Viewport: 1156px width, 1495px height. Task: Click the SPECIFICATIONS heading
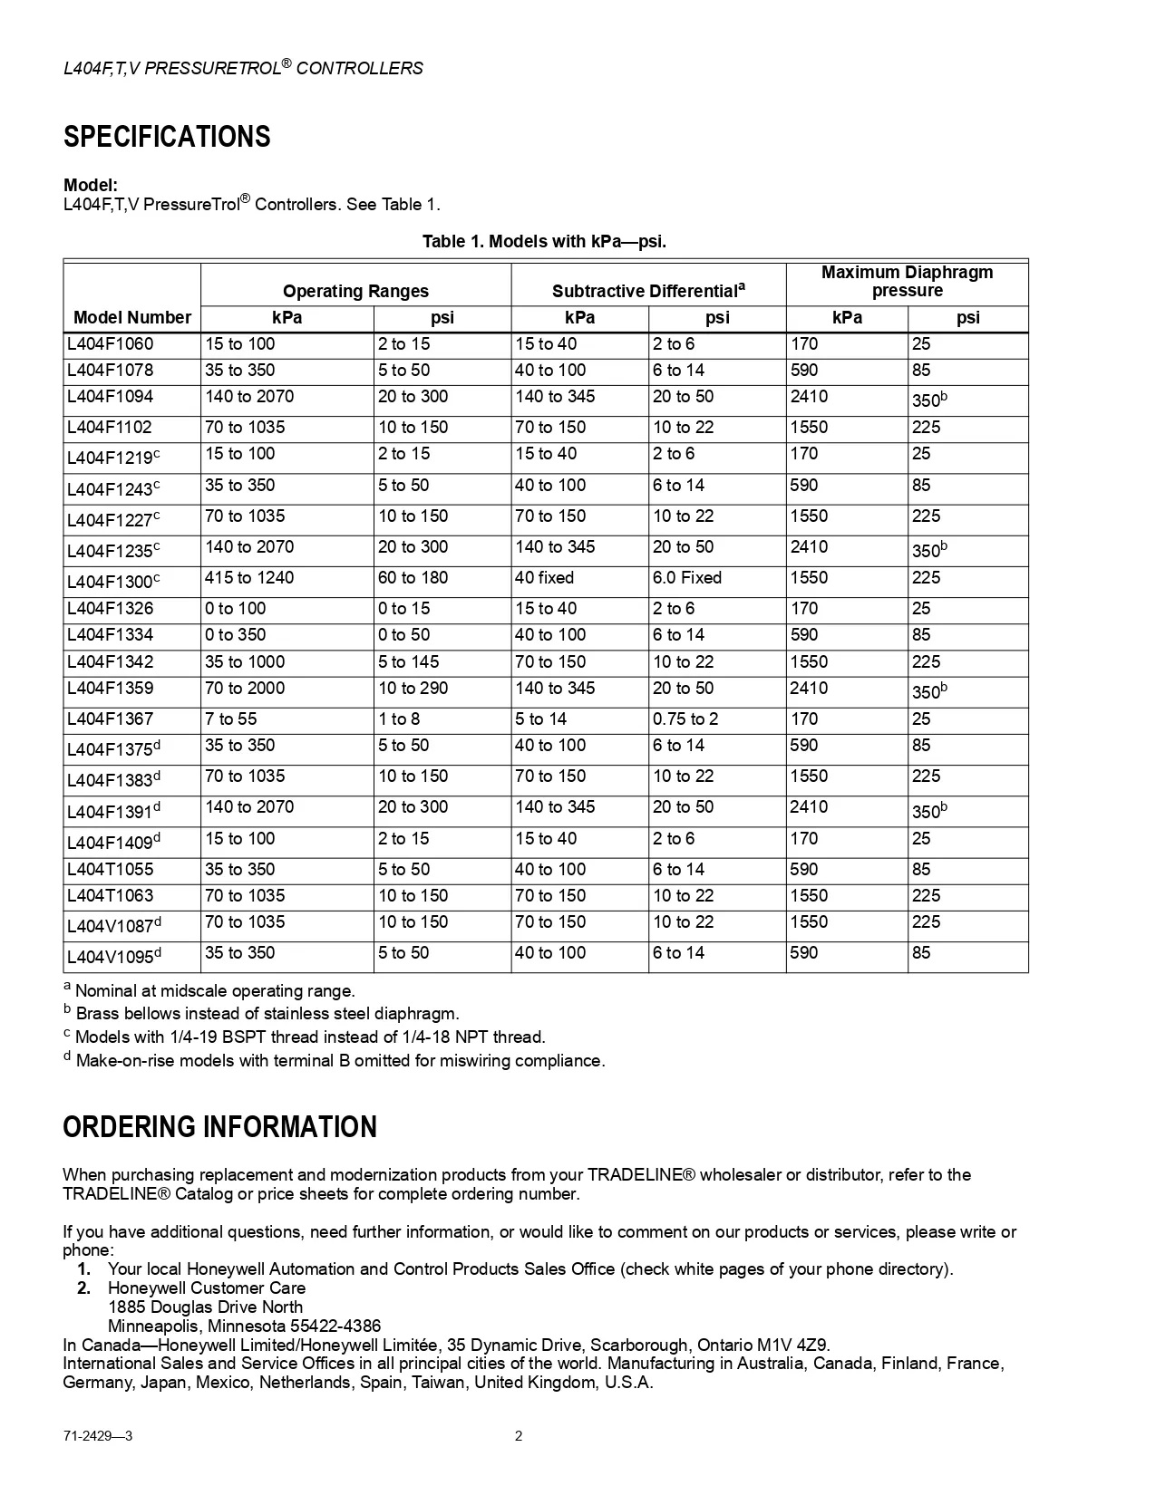point(167,137)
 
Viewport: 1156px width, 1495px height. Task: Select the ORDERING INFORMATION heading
point(219,1127)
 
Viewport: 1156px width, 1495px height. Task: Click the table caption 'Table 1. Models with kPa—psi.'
point(544,241)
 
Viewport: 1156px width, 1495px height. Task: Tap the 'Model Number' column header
point(132,317)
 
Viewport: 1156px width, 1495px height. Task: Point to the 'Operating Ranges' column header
point(355,291)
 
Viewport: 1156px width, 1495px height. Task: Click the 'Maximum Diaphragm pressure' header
point(907,282)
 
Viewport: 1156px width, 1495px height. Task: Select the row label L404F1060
point(110,344)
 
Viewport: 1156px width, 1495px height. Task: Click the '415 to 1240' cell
point(249,578)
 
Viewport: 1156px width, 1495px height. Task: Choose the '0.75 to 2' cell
point(685,719)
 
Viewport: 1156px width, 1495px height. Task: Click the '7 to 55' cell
point(230,719)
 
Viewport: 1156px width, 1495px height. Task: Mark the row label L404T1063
point(110,896)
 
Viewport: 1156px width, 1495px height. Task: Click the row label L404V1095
point(113,956)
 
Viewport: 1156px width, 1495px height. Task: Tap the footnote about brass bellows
point(267,1014)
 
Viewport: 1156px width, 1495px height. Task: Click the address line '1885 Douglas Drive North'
point(205,1307)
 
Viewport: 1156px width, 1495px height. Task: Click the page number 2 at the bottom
point(519,1436)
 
